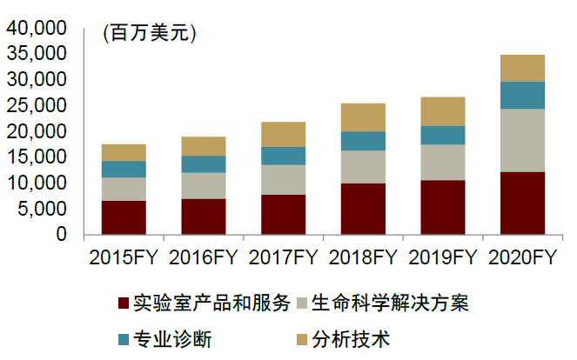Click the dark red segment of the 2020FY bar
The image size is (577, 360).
click(522, 203)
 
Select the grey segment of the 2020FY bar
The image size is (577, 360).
click(522, 140)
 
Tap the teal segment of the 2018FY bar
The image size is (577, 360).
click(363, 141)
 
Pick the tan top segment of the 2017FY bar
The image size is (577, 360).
click(283, 135)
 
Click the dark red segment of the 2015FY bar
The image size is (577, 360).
click(124, 217)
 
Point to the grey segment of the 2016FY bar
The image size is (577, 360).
click(203, 186)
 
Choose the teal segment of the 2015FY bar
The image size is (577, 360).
click(124, 170)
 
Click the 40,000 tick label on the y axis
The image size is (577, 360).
click(37, 28)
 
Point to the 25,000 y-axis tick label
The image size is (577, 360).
click(37, 105)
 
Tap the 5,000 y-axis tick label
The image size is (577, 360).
click(42, 209)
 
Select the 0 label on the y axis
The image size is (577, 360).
click(61, 234)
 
